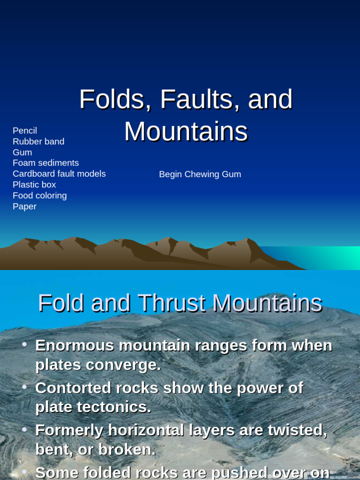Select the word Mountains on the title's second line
click(x=186, y=132)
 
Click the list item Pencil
click(x=25, y=131)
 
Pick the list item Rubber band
click(x=38, y=142)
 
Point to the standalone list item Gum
click(x=22, y=152)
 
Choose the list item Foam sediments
click(x=45, y=163)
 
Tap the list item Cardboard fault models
click(x=59, y=174)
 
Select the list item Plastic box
click(x=34, y=185)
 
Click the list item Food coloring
click(x=40, y=195)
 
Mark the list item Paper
click(x=24, y=206)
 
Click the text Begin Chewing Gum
click(x=200, y=174)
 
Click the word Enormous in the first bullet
click(x=75, y=346)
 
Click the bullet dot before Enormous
click(x=24, y=345)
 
